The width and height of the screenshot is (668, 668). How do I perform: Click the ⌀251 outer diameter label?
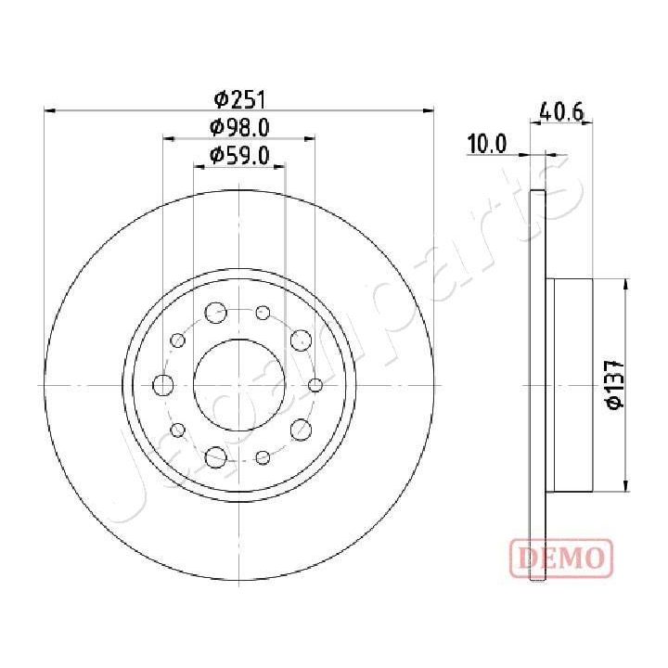click(x=239, y=98)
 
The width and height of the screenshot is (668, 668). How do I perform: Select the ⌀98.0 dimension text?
click(x=239, y=127)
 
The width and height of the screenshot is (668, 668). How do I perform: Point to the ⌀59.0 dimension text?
click(x=239, y=155)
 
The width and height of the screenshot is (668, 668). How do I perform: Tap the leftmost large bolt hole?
click(x=163, y=385)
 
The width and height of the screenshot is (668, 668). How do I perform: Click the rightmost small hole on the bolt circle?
click(x=315, y=385)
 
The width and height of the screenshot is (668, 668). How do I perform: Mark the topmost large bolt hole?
click(x=216, y=312)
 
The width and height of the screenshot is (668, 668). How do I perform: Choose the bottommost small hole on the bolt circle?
click(x=263, y=456)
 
